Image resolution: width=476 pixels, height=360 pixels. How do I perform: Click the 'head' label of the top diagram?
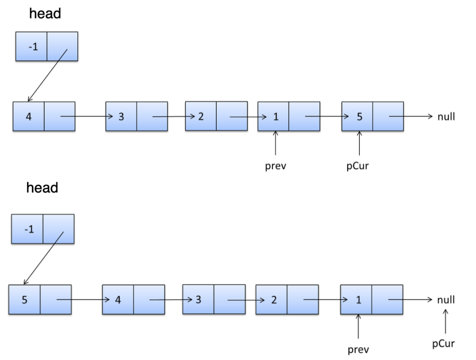[x=45, y=14]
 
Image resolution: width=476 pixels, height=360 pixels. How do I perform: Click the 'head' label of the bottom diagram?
[x=42, y=188]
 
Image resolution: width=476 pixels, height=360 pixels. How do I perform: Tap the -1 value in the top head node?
[x=33, y=47]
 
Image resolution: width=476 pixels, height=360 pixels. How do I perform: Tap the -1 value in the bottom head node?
[x=29, y=229]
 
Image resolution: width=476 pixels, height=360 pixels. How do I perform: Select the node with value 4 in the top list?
[x=44, y=117]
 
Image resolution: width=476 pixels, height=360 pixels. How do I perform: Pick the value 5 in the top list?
[x=359, y=117]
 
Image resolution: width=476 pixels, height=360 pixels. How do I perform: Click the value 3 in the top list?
[x=121, y=117]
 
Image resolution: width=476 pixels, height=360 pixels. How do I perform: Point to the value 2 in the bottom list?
[x=274, y=300]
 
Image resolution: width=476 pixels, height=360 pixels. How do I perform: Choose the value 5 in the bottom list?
[x=25, y=300]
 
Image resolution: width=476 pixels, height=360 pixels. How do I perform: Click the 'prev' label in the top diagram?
[x=276, y=166]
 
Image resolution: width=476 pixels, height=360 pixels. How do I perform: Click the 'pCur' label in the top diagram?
[x=358, y=166]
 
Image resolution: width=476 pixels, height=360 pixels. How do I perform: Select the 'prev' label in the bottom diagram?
[x=359, y=350]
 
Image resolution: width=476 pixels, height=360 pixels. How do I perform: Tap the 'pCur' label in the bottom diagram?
[x=443, y=344]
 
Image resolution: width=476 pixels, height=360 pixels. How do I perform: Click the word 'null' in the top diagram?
[x=446, y=117]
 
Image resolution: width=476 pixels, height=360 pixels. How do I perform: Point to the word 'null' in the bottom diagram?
[x=446, y=300]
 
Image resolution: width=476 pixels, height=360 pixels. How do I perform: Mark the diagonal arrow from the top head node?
[x=48, y=75]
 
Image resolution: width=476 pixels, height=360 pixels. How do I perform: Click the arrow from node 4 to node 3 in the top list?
[x=87, y=116]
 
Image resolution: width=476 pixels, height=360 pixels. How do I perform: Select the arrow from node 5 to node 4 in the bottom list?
[x=83, y=300]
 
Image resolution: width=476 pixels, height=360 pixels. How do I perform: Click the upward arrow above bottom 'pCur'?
[x=445, y=321]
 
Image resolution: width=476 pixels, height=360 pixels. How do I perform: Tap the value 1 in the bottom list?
[x=359, y=300]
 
